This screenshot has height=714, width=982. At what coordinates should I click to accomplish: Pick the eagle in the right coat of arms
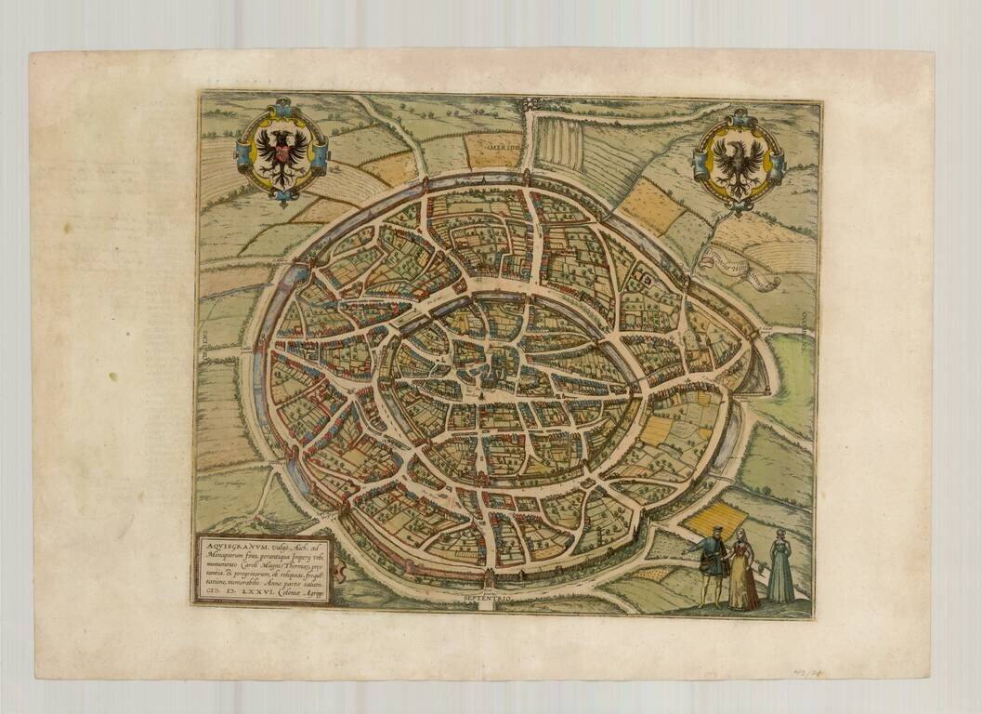[740, 157]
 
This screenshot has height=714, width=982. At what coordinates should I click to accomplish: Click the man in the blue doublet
[712, 562]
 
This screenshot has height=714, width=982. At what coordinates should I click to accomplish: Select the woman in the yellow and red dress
[742, 571]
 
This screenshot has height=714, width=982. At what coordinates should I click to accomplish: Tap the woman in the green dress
[780, 568]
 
